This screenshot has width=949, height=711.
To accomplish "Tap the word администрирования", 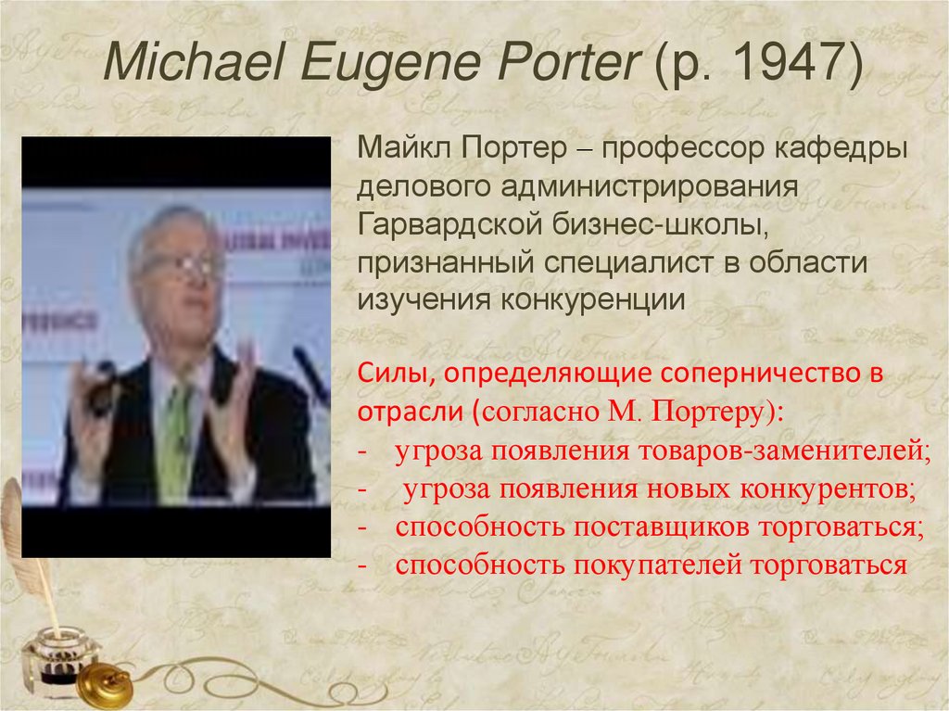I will [x=650, y=185].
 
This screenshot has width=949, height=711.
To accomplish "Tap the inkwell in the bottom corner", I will [x=57, y=654].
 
